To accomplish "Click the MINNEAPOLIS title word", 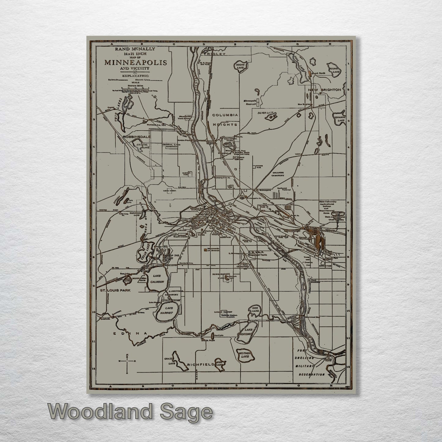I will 136,63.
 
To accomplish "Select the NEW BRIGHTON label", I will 324,90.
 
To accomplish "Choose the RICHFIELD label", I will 201,365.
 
